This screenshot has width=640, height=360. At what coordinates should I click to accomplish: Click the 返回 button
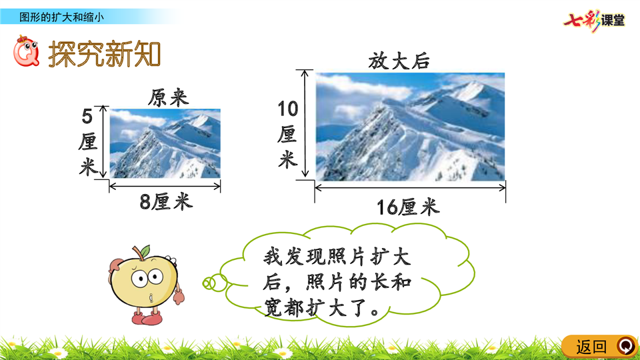(x=599, y=347)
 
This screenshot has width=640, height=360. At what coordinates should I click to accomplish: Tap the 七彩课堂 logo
(x=594, y=21)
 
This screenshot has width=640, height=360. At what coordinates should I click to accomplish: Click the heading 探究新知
(x=105, y=53)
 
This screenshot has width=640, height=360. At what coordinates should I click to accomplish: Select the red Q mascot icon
(x=27, y=51)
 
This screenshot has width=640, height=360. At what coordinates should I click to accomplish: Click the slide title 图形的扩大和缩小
(x=61, y=17)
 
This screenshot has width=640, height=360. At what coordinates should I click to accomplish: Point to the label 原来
(x=168, y=98)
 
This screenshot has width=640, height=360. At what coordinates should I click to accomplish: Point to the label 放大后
(x=399, y=61)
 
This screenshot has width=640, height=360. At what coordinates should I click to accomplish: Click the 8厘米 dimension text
(x=166, y=201)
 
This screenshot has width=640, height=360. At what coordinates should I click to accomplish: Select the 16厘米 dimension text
(x=408, y=207)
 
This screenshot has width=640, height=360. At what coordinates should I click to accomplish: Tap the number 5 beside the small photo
(x=87, y=116)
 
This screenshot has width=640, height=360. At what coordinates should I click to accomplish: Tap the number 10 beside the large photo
(x=288, y=109)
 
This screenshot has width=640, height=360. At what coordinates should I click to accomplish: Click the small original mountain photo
(x=165, y=143)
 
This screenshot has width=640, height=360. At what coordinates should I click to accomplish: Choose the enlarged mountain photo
(x=410, y=127)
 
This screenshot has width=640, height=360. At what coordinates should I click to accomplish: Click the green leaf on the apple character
(x=145, y=250)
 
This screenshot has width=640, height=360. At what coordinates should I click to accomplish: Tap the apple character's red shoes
(x=147, y=317)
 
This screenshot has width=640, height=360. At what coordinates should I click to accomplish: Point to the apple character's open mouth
(x=151, y=297)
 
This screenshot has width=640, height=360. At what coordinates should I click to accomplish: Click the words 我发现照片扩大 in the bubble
(x=337, y=257)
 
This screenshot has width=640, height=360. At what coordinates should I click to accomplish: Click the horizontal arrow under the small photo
(x=165, y=187)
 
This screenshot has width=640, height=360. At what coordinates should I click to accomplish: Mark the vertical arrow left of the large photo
(x=305, y=123)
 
